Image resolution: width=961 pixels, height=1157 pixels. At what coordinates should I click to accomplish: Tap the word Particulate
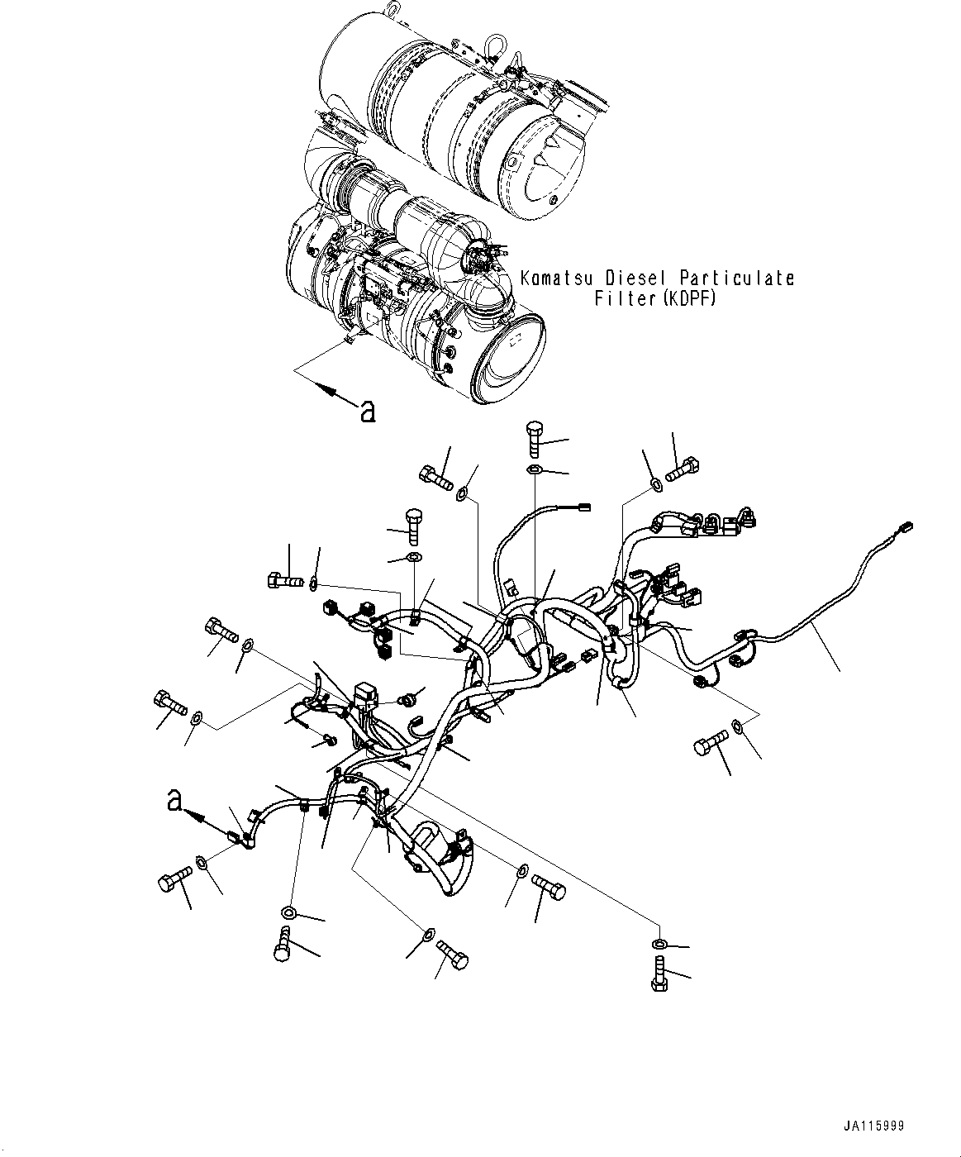click(736, 278)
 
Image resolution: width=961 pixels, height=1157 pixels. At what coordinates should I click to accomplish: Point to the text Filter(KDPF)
click(655, 298)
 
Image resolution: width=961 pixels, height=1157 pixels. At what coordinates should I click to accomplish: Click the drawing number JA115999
click(874, 1126)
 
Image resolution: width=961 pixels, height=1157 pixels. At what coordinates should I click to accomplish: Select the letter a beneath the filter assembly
click(367, 410)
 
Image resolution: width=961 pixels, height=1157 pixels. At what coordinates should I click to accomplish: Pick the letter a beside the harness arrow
click(174, 801)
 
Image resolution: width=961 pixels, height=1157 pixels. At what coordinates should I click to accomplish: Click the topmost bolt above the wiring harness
click(534, 437)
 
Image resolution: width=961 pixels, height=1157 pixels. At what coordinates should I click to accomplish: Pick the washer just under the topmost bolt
click(535, 470)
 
